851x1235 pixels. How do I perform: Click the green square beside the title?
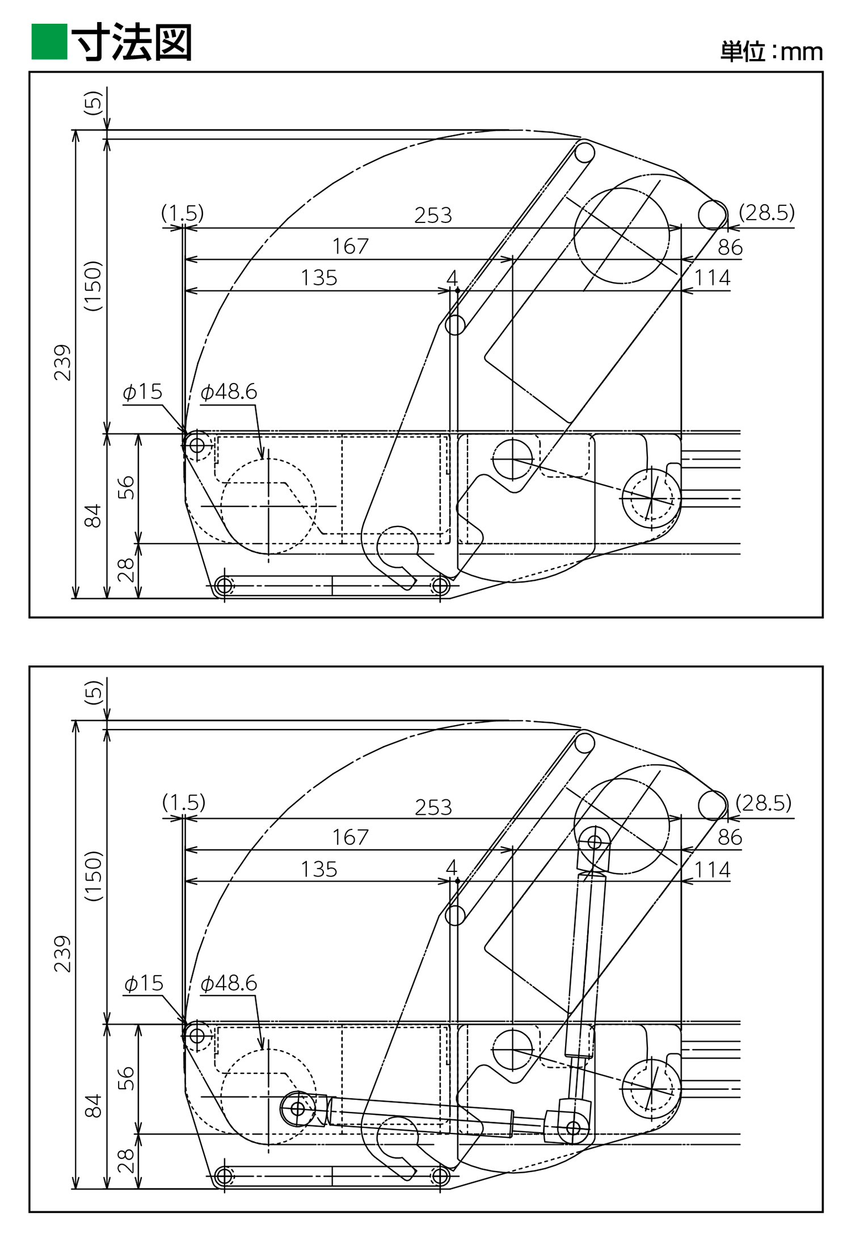(49, 41)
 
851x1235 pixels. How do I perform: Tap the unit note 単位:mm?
(772, 52)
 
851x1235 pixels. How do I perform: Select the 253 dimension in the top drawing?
(433, 215)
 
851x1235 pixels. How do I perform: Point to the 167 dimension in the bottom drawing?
(350, 837)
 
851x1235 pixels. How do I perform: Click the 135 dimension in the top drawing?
(318, 278)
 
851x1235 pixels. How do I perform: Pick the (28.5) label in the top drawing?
(766, 213)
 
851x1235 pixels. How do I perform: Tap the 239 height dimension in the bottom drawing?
(62, 954)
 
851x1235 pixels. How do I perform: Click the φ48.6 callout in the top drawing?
(229, 391)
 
